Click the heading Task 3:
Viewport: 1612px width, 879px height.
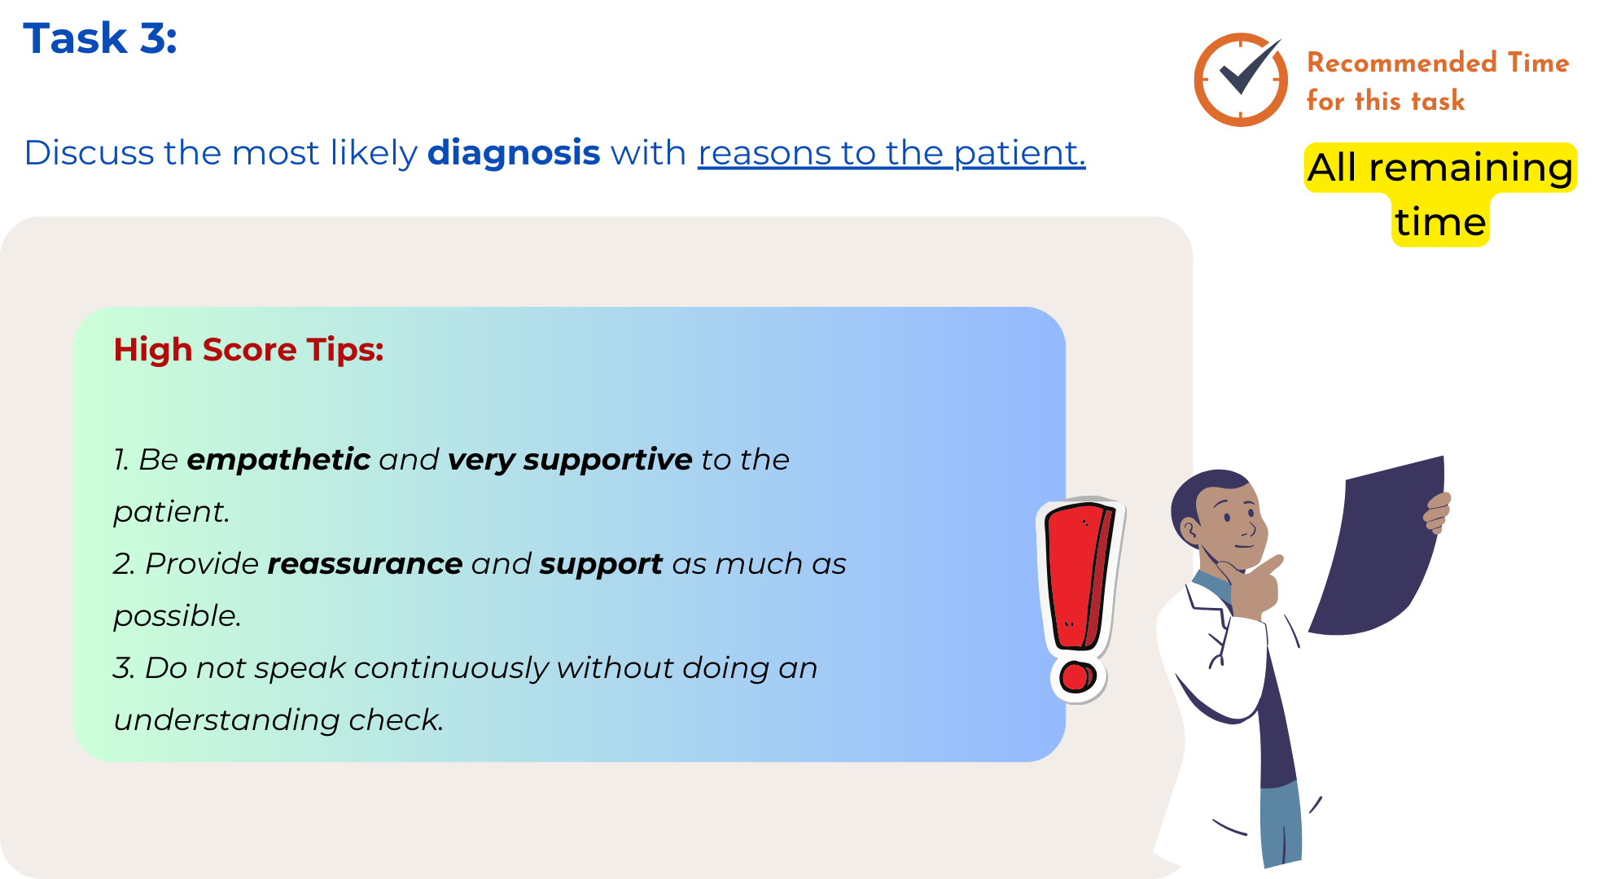[100, 38]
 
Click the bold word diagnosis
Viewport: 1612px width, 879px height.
[514, 153]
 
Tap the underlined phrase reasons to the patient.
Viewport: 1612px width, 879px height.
[891, 153]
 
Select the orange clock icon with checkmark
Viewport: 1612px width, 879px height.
[1240, 79]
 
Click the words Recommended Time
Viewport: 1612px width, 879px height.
[1438, 63]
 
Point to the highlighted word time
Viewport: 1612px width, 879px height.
[1440, 221]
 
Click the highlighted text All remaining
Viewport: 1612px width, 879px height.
[1440, 168]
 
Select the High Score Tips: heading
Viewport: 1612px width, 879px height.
[248, 350]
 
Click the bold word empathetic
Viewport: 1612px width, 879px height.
[278, 460]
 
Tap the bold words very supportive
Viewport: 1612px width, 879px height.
[570, 460]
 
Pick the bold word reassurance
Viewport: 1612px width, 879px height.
[365, 563]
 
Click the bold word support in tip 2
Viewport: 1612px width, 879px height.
[601, 564]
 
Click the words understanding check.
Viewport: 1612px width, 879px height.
[278, 720]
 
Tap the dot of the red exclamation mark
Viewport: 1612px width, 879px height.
[1077, 677]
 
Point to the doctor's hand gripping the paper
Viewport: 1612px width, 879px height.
[1437, 513]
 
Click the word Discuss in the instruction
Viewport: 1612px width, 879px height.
[89, 153]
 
